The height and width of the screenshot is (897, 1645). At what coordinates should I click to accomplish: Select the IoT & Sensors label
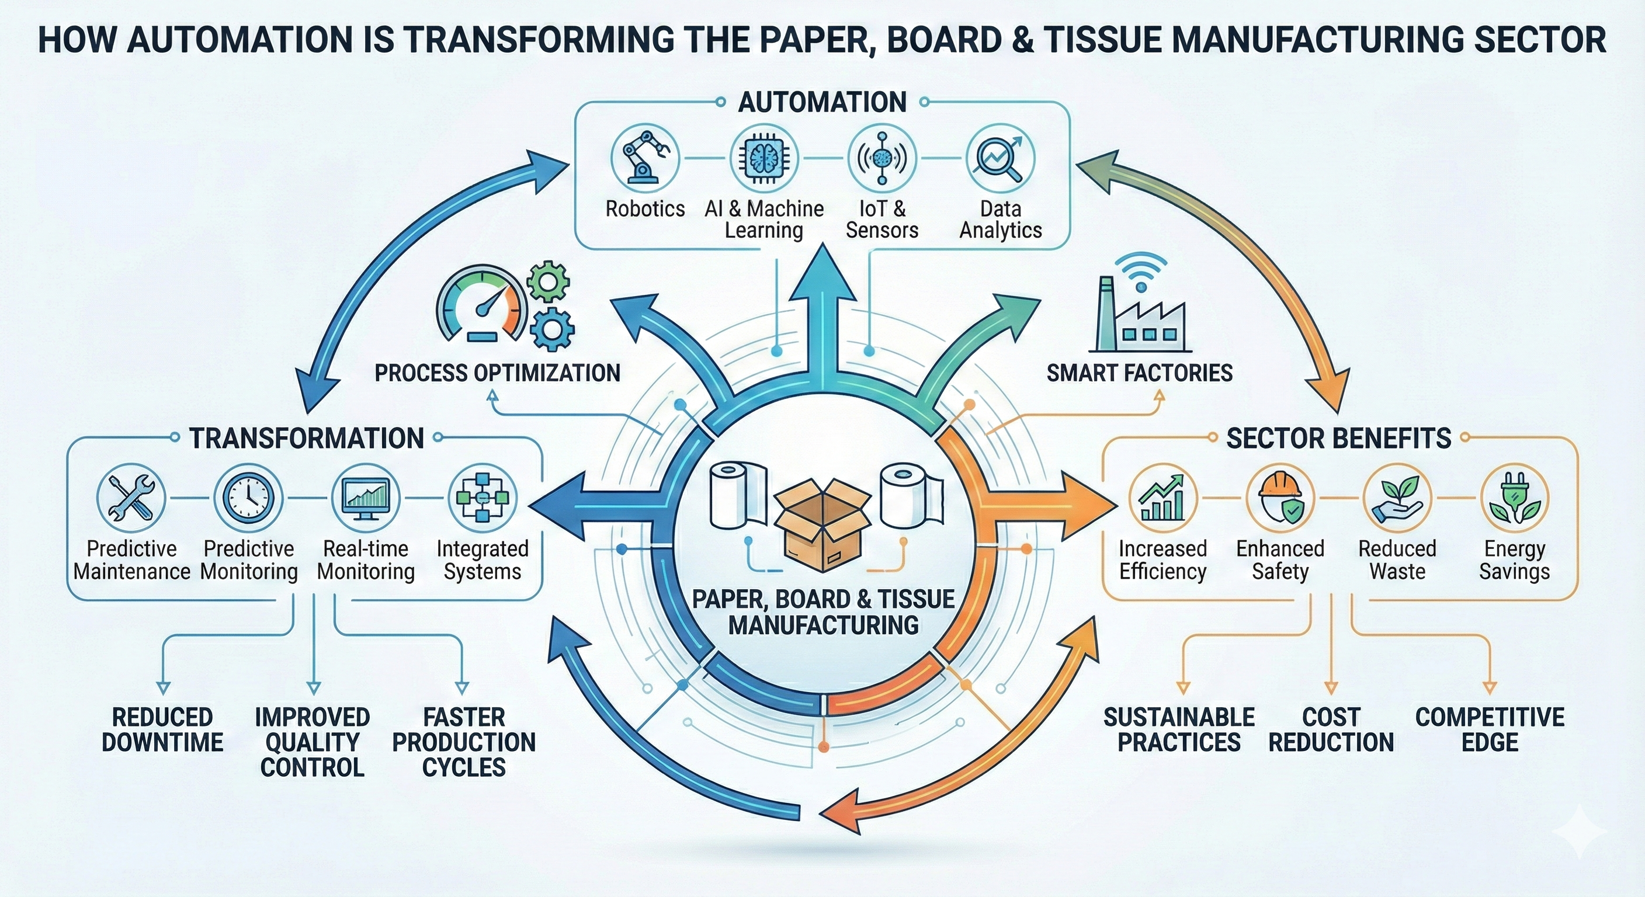882,219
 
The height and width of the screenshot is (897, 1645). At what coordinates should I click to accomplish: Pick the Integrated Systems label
482,559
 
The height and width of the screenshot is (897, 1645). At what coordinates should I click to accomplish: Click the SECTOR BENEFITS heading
1338,439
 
